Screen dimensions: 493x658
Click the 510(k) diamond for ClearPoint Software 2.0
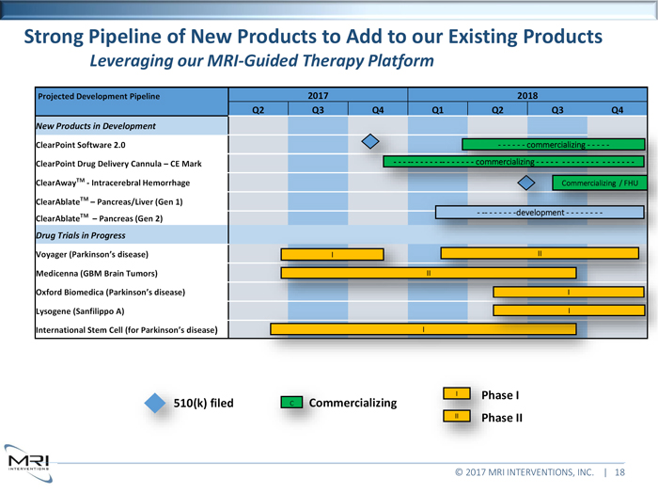click(371, 143)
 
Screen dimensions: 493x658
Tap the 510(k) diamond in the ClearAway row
click(527, 182)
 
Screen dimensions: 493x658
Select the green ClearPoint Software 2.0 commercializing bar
click(554, 145)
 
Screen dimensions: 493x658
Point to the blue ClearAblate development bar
click(540, 213)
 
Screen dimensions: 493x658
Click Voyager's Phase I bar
click(332, 254)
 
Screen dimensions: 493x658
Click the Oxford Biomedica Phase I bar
click(569, 292)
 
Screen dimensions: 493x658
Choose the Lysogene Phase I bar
click(569, 310)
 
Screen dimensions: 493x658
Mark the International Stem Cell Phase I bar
click(423, 329)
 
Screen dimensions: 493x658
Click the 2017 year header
click(319, 95)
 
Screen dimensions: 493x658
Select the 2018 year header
click(527, 95)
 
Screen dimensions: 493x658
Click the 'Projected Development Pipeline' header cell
click(98, 96)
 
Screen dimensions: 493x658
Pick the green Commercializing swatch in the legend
click(291, 404)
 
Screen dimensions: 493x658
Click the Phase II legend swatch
click(455, 416)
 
